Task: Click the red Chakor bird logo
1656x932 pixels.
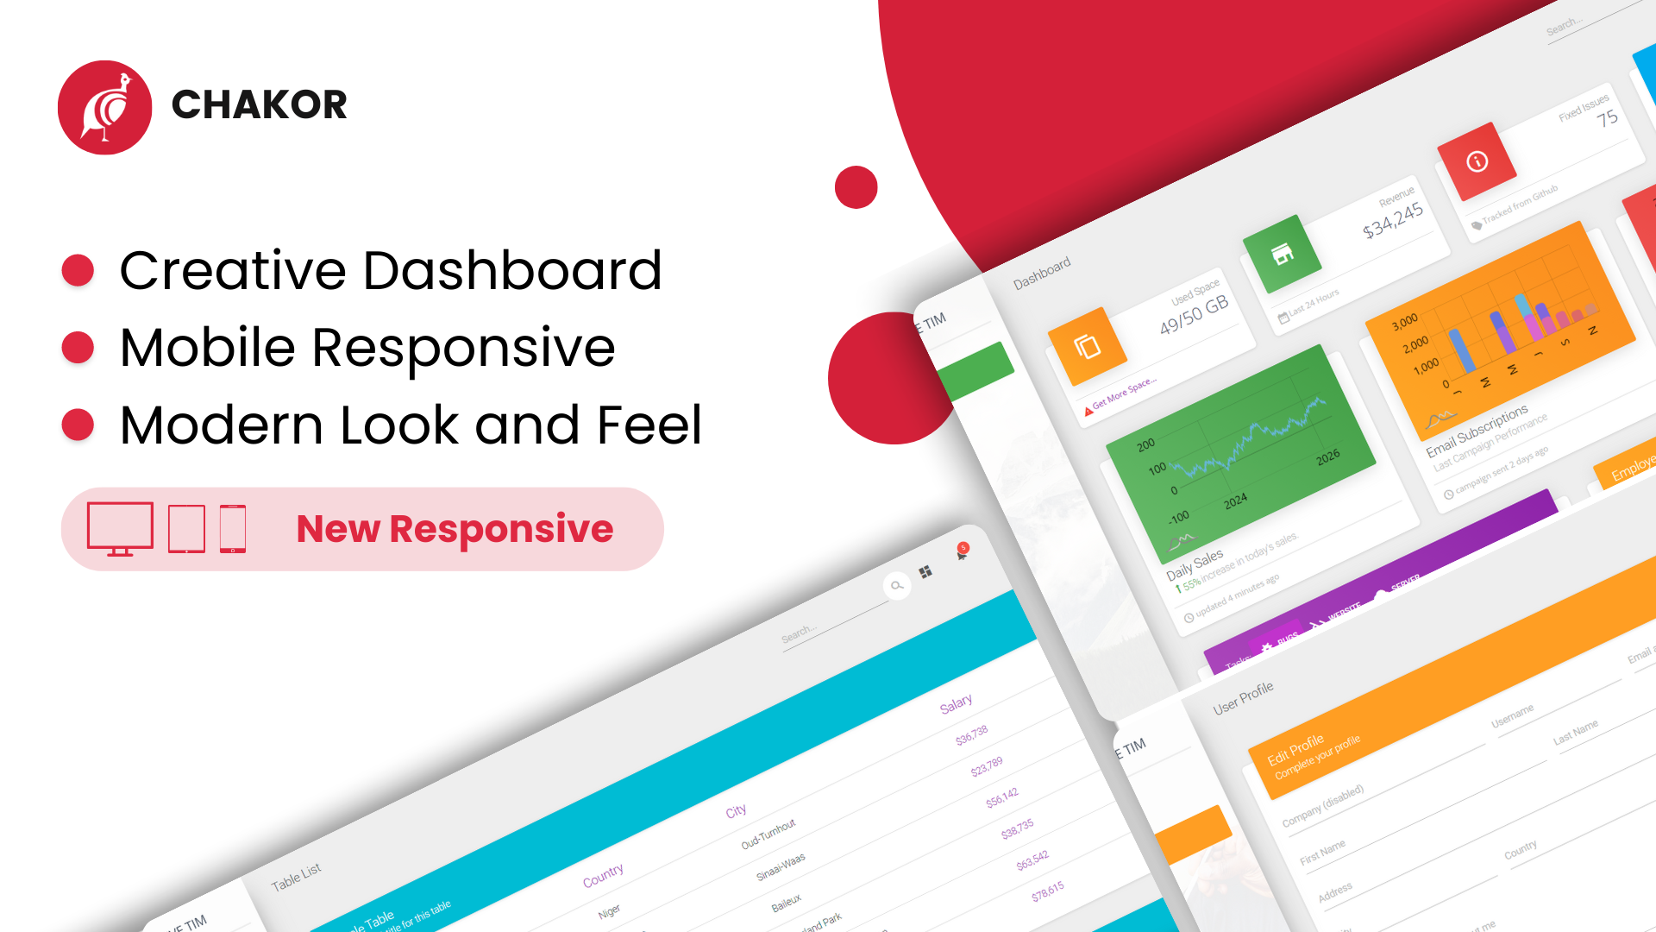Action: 104,108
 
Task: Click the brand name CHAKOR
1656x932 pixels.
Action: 259,104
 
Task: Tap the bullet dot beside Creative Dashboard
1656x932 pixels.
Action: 78,270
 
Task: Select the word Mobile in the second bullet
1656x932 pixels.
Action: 207,348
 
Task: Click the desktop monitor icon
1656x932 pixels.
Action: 120,528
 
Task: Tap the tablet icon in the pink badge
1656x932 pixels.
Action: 186,528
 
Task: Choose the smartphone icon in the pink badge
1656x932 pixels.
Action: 233,528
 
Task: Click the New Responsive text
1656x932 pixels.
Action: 455,529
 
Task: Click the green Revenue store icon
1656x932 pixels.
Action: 1282,254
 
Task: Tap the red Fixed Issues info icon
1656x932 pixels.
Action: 1477,161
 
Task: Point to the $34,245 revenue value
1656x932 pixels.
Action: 1392,220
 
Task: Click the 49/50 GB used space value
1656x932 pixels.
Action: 1194,315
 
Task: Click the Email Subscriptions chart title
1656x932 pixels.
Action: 1477,429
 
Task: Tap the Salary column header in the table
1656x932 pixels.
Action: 956,704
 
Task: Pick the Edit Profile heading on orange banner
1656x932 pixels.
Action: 1295,749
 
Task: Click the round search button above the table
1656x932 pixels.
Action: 897,586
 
